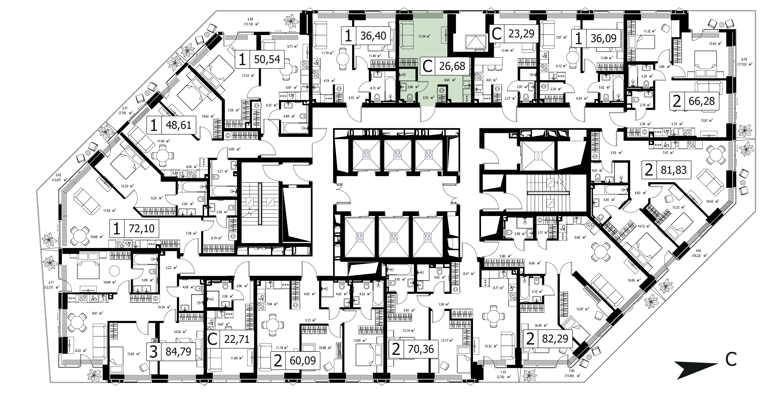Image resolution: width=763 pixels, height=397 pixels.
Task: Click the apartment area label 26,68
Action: pos(452,66)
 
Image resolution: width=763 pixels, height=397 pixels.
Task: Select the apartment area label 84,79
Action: pos(178,352)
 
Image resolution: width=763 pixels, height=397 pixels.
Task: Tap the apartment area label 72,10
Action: pos(142,228)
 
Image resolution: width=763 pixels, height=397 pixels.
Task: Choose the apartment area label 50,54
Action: pos(267,59)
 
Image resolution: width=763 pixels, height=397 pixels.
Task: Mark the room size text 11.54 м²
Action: pos(424,36)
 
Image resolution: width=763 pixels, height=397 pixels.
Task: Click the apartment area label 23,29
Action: pos(521,33)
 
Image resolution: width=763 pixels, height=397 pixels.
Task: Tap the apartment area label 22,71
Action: pos(237,339)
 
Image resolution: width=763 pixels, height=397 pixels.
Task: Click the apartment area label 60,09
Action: pos(303,361)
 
